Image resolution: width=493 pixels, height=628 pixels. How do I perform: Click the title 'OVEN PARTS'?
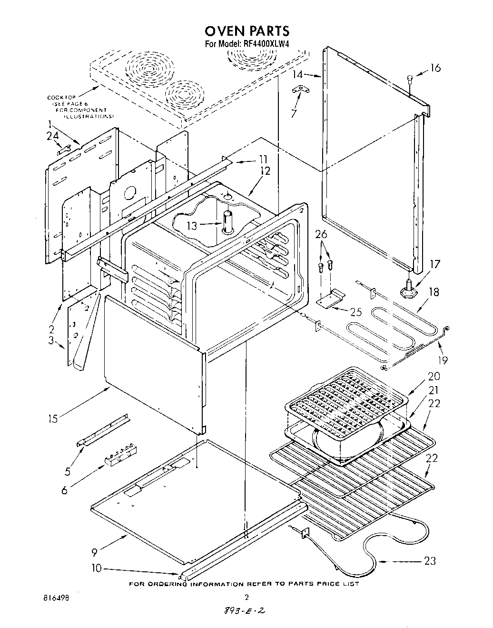(x=246, y=31)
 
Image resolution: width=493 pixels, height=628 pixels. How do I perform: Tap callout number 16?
(x=435, y=68)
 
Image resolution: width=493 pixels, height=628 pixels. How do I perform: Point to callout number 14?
(x=297, y=74)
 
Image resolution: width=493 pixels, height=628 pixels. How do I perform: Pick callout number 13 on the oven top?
(x=192, y=226)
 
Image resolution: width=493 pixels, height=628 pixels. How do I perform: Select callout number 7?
(x=294, y=114)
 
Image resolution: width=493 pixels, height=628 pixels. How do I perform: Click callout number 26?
(x=321, y=235)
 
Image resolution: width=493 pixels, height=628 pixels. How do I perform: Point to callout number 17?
(x=434, y=264)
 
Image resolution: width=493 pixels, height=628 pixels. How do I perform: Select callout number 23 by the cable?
(x=429, y=561)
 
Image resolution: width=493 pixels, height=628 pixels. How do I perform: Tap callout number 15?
(x=52, y=419)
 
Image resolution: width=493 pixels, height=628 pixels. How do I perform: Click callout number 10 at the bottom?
(x=96, y=568)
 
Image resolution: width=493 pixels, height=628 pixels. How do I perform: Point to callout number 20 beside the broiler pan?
(x=434, y=376)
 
